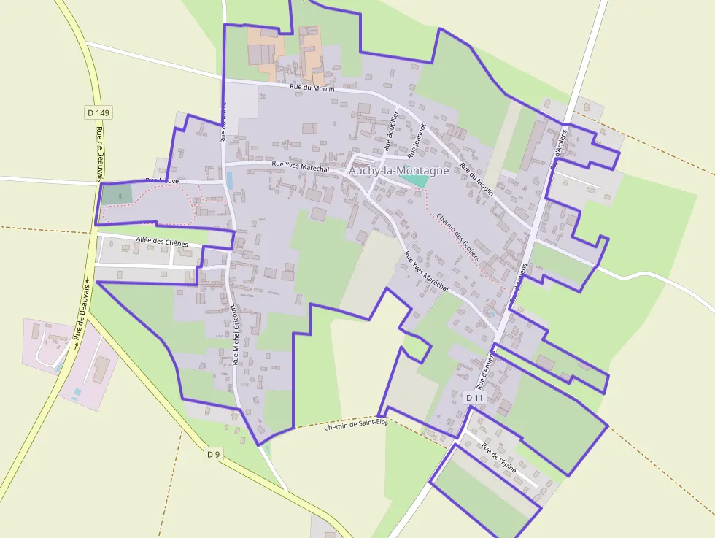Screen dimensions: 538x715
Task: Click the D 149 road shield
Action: point(98,112)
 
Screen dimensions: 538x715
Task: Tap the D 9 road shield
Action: point(213,454)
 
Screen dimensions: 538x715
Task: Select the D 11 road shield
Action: point(474,398)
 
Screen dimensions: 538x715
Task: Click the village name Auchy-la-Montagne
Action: point(398,171)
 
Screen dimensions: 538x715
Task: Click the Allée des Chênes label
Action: point(162,242)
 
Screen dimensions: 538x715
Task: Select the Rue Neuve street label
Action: point(161,180)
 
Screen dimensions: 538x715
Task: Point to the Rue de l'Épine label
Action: point(499,456)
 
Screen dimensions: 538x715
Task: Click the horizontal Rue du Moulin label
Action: point(312,88)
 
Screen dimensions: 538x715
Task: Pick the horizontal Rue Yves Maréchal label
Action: point(300,166)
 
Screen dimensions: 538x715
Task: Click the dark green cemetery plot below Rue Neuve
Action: point(117,194)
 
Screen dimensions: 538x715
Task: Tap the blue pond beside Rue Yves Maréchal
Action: point(231,179)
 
